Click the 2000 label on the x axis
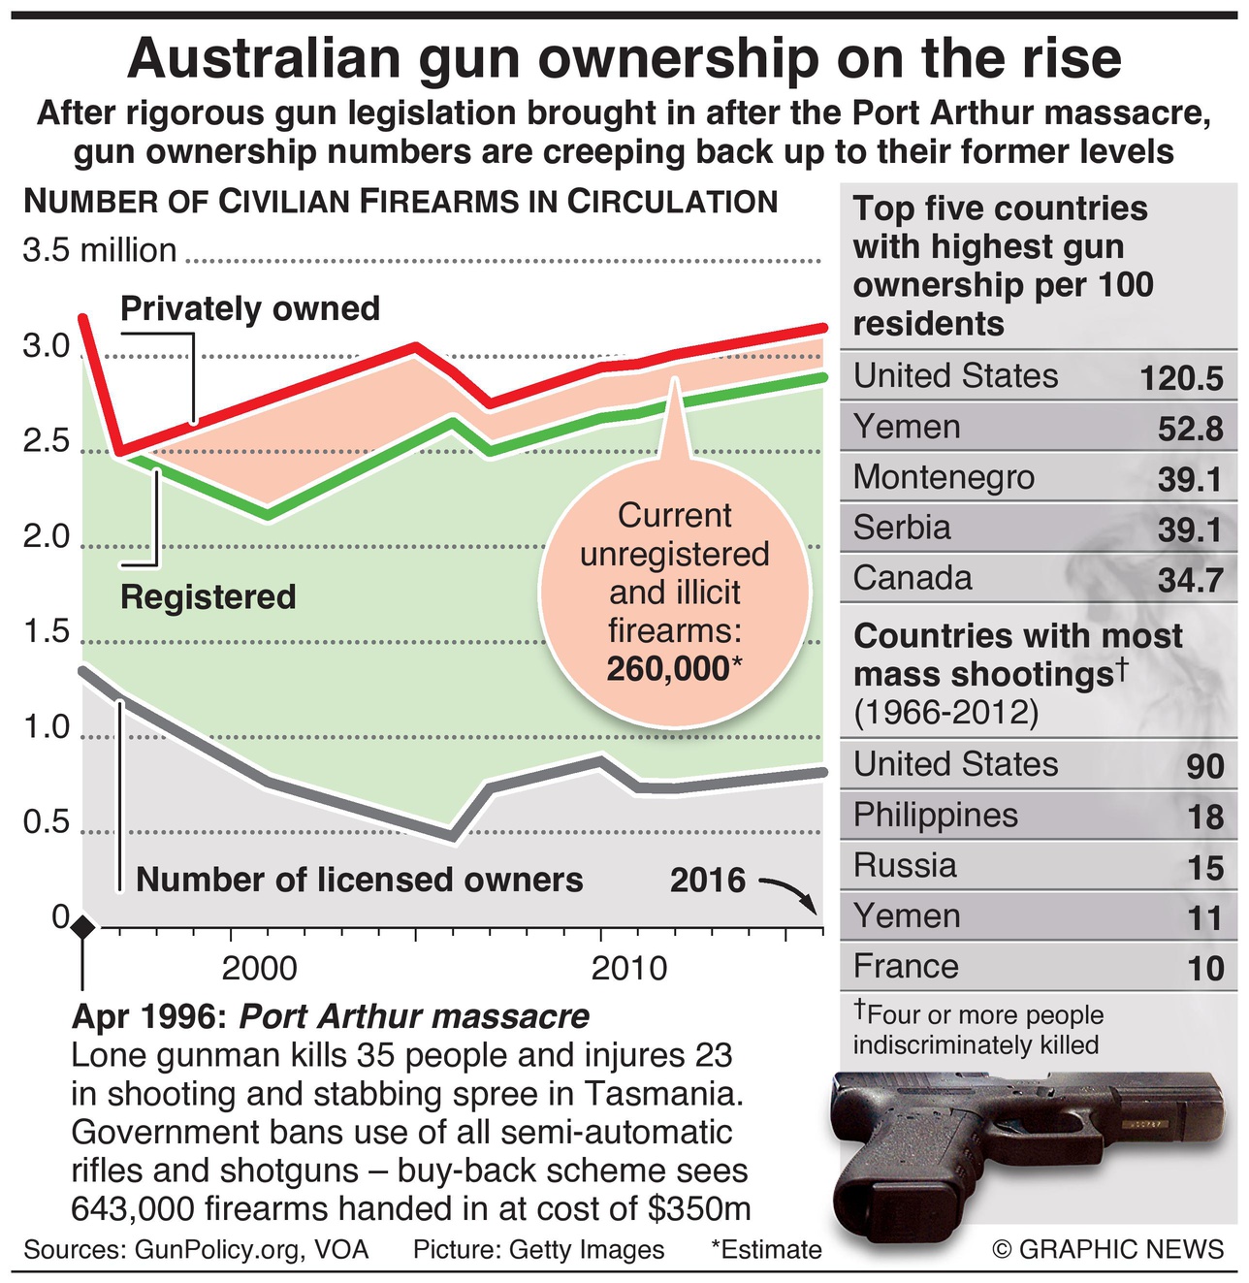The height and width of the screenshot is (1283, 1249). click(259, 969)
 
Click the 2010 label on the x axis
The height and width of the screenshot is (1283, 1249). click(629, 969)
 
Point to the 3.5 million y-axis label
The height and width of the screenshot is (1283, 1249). click(100, 250)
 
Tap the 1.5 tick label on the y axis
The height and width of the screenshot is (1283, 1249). click(48, 632)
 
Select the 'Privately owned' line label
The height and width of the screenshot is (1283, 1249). click(250, 308)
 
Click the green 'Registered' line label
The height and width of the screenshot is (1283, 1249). click(208, 596)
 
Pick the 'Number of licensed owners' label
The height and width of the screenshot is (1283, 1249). click(360, 880)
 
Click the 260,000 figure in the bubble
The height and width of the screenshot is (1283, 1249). click(667, 669)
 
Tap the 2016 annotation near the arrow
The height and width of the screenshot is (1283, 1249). click(708, 881)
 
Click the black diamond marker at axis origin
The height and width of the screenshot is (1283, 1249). click(83, 926)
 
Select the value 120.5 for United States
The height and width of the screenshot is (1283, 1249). click(1181, 378)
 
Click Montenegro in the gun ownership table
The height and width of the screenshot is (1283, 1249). click(943, 477)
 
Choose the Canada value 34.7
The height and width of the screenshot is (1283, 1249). click(1190, 580)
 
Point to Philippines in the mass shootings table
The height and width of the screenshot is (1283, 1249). click(935, 815)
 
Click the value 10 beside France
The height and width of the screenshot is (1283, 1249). click(1205, 968)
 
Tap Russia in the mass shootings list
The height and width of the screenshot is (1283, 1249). click(904, 865)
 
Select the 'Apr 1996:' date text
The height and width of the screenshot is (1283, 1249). click(149, 1016)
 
